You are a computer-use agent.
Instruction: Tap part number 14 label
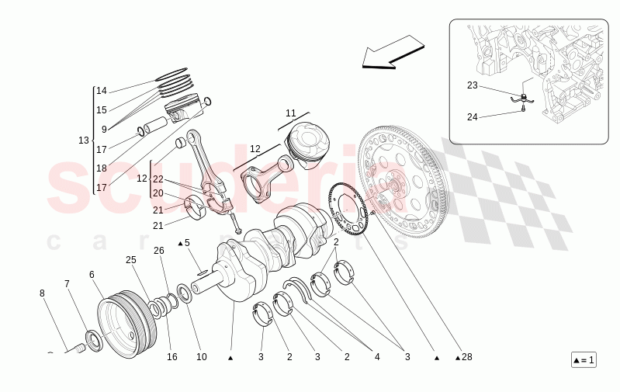point(102,91)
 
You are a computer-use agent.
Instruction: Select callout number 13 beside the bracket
point(84,140)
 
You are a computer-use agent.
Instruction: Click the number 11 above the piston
point(290,113)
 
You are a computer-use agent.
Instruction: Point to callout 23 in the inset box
point(473,85)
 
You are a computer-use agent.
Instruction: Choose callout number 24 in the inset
point(473,117)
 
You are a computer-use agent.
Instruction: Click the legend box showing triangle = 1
point(583,360)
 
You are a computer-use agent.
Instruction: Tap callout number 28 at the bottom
point(465,358)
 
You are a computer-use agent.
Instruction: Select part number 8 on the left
point(42,293)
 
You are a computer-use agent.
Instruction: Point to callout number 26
point(159,250)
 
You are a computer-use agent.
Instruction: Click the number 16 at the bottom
point(171,357)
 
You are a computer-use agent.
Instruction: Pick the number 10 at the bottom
point(201,357)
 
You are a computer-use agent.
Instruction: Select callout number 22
point(158,179)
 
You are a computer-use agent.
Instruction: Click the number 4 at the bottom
point(377,357)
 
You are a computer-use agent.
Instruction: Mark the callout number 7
point(67,283)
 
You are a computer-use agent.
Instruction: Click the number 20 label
point(158,193)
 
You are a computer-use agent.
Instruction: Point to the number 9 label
point(103,130)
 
